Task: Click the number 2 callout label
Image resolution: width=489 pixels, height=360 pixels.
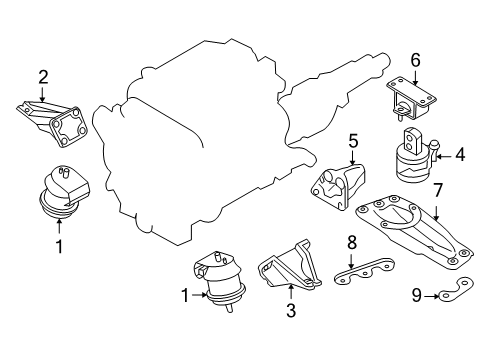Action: [x=42, y=76]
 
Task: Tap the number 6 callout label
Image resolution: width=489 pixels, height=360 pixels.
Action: [x=415, y=59]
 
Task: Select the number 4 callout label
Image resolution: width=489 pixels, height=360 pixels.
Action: [x=461, y=154]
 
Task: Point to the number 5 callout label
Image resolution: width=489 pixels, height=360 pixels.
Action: [x=353, y=140]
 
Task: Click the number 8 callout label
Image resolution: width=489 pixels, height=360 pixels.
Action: [x=352, y=242]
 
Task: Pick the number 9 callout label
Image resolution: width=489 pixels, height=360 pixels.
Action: [x=416, y=295]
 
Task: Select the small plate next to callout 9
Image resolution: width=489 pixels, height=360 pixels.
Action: [x=452, y=293]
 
